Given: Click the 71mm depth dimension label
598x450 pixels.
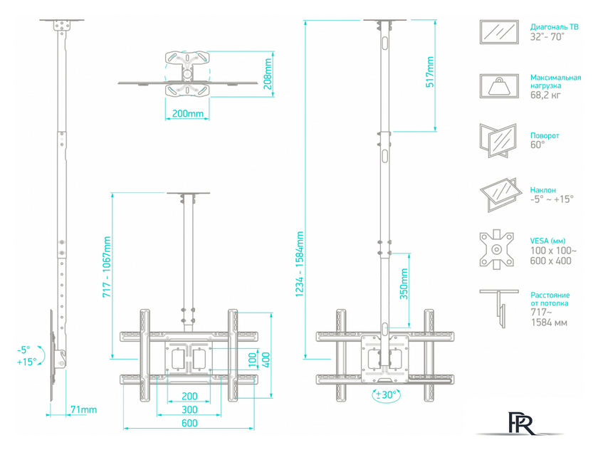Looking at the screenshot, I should tap(83, 409).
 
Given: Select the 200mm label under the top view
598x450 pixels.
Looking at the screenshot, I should tap(188, 114).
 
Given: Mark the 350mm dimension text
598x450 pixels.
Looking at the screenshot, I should tap(404, 285).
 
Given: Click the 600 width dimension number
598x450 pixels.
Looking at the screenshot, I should tap(189, 423).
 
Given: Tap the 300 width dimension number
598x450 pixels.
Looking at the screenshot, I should tap(189, 409).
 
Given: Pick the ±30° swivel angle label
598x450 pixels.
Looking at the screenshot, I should tap(385, 394).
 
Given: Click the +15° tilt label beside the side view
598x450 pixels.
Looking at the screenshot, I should tap(26, 362).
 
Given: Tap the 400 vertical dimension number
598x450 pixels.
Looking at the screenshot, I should tap(265, 361).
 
